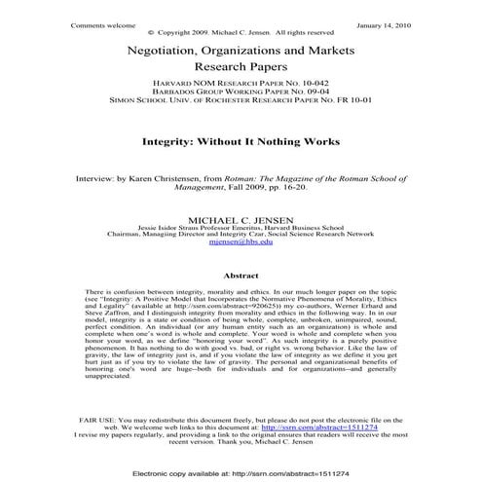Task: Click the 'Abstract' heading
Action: [241, 276]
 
